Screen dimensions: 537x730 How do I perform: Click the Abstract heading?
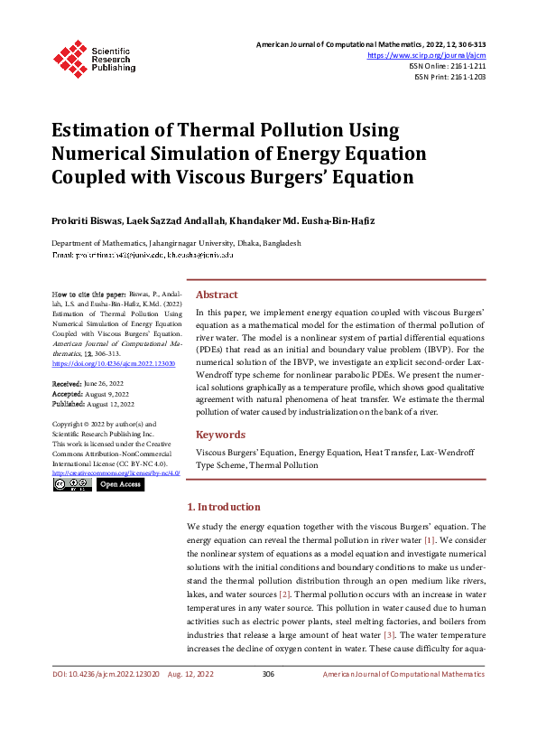[x=217, y=295]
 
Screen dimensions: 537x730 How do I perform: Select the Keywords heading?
[x=221, y=434]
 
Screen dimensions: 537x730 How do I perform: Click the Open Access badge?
[x=120, y=484]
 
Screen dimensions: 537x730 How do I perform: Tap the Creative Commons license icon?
[x=71, y=484]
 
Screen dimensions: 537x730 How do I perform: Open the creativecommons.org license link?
[x=116, y=473]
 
